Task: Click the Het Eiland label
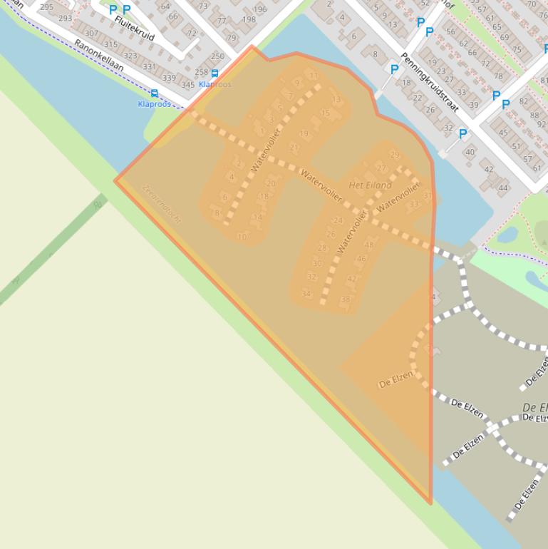[370, 185]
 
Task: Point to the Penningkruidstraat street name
[420, 82]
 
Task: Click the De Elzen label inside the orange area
[396, 380]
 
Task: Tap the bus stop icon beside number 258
[214, 73]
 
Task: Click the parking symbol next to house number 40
[462, 134]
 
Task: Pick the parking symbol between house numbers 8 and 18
[394, 70]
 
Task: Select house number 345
[187, 85]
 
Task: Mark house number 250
[217, 56]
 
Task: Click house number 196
[259, 9]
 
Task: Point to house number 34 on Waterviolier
[306, 294]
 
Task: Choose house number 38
[346, 299]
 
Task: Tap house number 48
[368, 245]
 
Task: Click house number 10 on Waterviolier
[242, 237]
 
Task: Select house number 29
[395, 155]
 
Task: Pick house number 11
[314, 76]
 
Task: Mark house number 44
[503, 188]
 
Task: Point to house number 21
[294, 148]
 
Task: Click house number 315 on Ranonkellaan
[110, 44]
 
